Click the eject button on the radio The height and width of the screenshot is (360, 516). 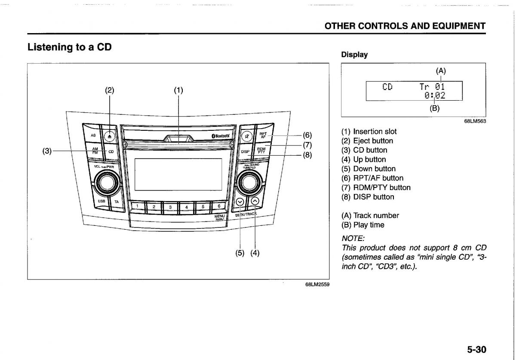coord(110,135)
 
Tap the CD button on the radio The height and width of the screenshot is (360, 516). coord(111,151)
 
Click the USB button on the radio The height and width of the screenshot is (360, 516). coord(101,201)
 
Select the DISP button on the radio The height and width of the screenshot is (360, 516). coord(245,151)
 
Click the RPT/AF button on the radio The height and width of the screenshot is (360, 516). coord(263,135)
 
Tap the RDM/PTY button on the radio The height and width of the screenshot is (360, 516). coord(261,150)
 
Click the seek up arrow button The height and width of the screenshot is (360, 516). coord(255,200)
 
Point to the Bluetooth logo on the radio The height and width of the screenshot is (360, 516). coord(221,136)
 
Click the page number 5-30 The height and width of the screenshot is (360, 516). coord(476,349)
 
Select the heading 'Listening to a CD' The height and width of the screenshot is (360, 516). coord(70,47)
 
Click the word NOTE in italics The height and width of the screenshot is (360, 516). coord(353,238)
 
